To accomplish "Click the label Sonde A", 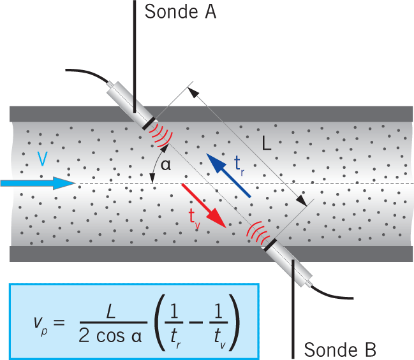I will point(181,11).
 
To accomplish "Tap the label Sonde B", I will point(340,349).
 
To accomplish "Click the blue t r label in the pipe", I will point(240,165).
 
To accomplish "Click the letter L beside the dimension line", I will point(266,144).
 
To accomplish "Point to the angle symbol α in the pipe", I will point(166,165).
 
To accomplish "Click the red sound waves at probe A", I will point(162,134).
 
